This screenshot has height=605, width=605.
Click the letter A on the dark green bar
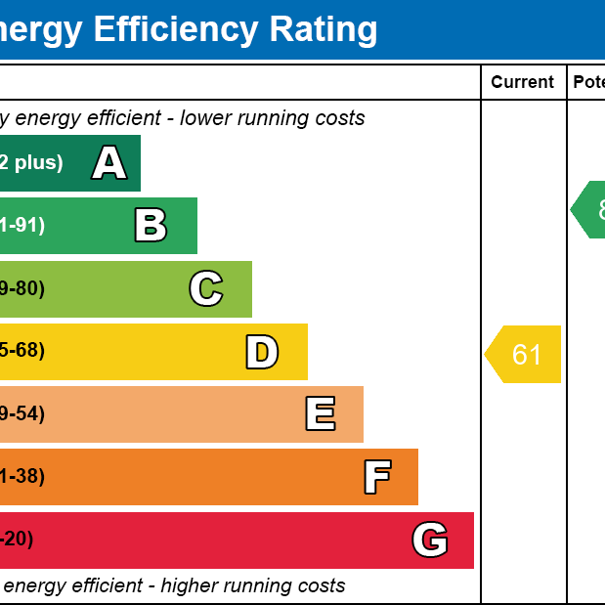(x=109, y=163)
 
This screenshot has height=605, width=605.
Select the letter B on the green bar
(x=151, y=226)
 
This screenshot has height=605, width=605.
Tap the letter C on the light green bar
(x=206, y=289)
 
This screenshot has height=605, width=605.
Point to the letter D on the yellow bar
(x=262, y=352)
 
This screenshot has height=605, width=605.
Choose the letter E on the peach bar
(x=321, y=414)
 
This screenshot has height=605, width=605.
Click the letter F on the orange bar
(x=377, y=477)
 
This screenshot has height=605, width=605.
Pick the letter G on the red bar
(x=430, y=540)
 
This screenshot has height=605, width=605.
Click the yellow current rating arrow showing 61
(x=524, y=354)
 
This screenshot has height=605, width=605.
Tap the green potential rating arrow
(x=590, y=209)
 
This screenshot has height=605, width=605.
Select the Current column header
(x=522, y=82)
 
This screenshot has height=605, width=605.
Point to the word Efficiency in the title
(x=170, y=29)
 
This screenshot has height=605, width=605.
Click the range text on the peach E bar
(x=22, y=414)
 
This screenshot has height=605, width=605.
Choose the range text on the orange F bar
(x=22, y=477)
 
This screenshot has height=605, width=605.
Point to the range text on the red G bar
(x=17, y=540)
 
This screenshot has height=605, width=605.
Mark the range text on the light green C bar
(x=22, y=289)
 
